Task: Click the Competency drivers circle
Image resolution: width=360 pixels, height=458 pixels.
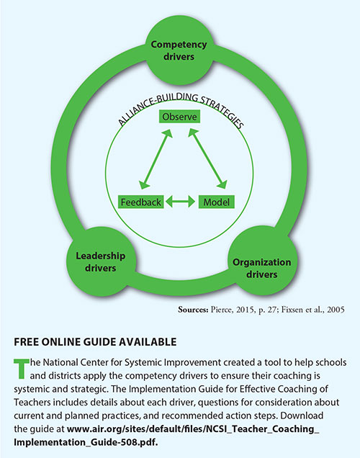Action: click(x=179, y=50)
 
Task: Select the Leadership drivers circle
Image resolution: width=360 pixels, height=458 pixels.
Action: click(x=101, y=262)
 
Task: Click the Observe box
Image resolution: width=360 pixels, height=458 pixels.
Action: click(x=179, y=117)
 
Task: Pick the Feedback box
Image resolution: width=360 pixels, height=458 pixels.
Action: click(x=140, y=202)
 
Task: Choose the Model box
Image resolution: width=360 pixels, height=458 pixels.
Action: click(x=216, y=202)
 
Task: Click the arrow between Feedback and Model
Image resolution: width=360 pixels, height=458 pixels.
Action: click(x=181, y=202)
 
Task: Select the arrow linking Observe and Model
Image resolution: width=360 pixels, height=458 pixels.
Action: click(x=207, y=159)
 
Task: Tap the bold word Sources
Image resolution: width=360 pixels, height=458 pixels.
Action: click(x=193, y=310)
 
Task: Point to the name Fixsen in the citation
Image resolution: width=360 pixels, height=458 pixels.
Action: click(x=292, y=310)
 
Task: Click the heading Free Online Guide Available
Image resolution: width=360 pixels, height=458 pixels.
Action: click(x=95, y=342)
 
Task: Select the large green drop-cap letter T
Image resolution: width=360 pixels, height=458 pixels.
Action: click(x=22, y=369)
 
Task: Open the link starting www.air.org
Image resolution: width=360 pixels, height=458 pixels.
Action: click(x=193, y=429)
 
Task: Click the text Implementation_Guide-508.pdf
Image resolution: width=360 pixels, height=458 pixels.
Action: click(x=86, y=442)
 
